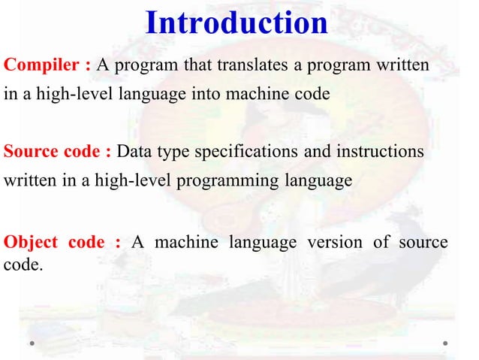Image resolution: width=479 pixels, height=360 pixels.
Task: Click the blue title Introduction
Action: [x=236, y=23]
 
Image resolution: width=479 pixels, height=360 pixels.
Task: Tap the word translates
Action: [x=254, y=65]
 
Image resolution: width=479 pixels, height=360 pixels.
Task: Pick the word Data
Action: [x=136, y=152]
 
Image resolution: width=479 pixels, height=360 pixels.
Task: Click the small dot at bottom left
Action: [x=34, y=343]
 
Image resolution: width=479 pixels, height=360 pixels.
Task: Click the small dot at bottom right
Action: [x=445, y=343]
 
